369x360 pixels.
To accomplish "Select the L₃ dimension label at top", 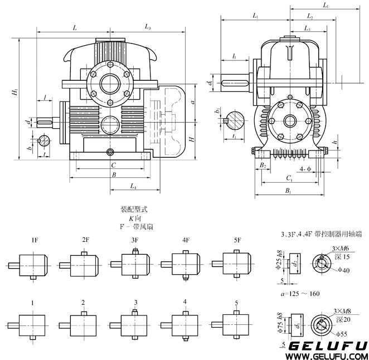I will pyautogui.click(x=149, y=26).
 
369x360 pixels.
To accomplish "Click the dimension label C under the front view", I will pyautogui.click(x=113, y=165).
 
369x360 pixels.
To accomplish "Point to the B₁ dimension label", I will pyautogui.click(x=288, y=191).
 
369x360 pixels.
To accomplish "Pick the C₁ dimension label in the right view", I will pyautogui.click(x=289, y=178).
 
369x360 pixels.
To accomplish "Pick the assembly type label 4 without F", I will pyautogui.click(x=184, y=303).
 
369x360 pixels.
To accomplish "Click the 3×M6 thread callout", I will pyautogui.click(x=340, y=247).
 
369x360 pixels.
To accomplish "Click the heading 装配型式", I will pyautogui.click(x=133, y=211).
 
